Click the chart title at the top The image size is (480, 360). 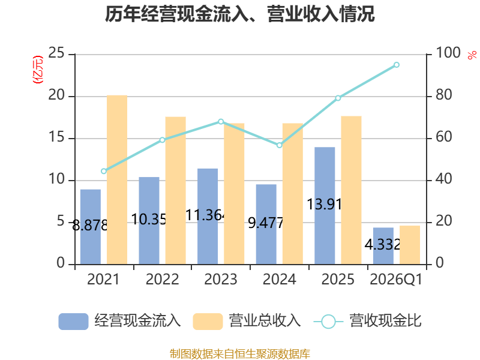click(239, 14)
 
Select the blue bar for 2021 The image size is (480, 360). click(91, 227)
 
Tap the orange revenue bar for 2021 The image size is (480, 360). click(117, 179)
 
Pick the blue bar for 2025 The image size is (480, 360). click(325, 206)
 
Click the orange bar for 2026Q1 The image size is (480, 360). click(410, 245)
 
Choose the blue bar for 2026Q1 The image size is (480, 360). click(383, 246)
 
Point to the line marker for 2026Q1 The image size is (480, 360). click(397, 65)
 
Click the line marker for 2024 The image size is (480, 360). click(279, 145)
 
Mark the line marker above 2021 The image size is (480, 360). click(104, 171)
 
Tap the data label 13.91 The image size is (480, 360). click(325, 204)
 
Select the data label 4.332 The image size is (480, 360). click(383, 244)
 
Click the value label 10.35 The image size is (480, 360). click(149, 219)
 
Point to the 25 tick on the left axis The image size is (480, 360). click(56, 53)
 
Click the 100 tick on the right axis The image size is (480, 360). click(448, 53)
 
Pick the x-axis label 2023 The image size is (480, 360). click(221, 279)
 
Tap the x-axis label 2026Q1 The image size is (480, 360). click(396, 279)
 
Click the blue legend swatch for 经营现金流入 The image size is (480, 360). click(73, 322)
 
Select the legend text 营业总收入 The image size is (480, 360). click(265, 321)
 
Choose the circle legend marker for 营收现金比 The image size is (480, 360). click(328, 322)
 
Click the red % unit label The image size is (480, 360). click(472, 55)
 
